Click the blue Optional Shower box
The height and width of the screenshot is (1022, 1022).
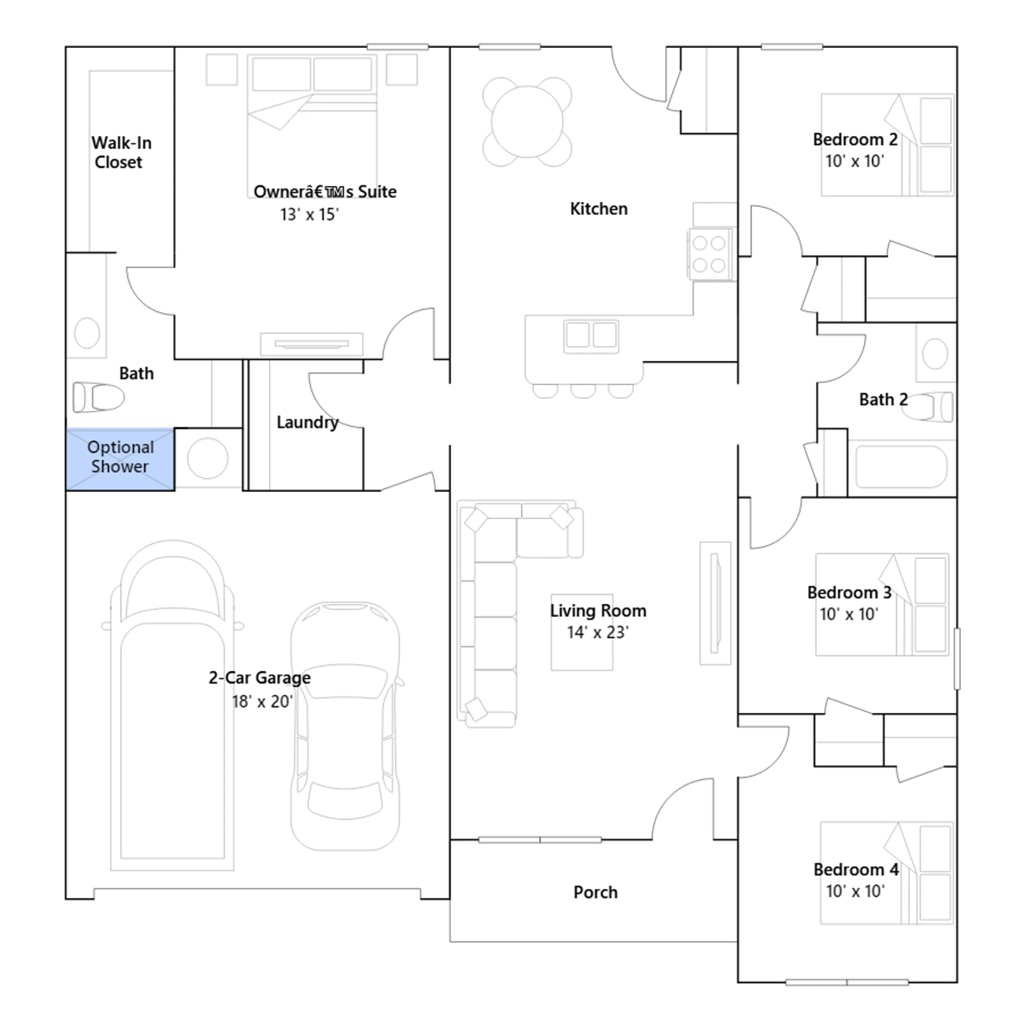click(x=120, y=459)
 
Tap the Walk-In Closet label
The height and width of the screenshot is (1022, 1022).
click(x=121, y=152)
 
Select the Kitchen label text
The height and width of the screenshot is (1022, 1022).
click(x=599, y=209)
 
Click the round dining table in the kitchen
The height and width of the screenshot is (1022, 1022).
click(x=527, y=121)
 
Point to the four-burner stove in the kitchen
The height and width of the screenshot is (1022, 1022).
click(x=710, y=254)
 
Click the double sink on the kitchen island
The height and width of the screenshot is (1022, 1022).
click(x=591, y=336)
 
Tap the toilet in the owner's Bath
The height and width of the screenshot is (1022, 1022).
click(x=98, y=397)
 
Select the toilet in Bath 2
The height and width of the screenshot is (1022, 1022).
click(x=927, y=407)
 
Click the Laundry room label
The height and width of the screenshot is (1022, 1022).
click(x=307, y=422)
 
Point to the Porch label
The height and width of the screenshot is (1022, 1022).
click(x=595, y=892)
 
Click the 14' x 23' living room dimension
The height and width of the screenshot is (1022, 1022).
click(x=598, y=632)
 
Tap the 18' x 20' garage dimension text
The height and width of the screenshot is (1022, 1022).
click(x=263, y=701)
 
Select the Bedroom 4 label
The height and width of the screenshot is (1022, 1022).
click(x=856, y=869)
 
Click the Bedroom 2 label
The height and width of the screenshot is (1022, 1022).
click(x=855, y=139)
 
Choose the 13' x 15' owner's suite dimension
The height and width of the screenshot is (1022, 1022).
click(x=309, y=215)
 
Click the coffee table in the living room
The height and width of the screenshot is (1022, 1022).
click(x=582, y=632)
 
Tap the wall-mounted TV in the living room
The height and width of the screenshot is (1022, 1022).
click(x=715, y=603)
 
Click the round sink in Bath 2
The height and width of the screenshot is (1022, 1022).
click(x=935, y=354)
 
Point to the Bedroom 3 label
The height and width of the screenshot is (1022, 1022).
click(x=850, y=592)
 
